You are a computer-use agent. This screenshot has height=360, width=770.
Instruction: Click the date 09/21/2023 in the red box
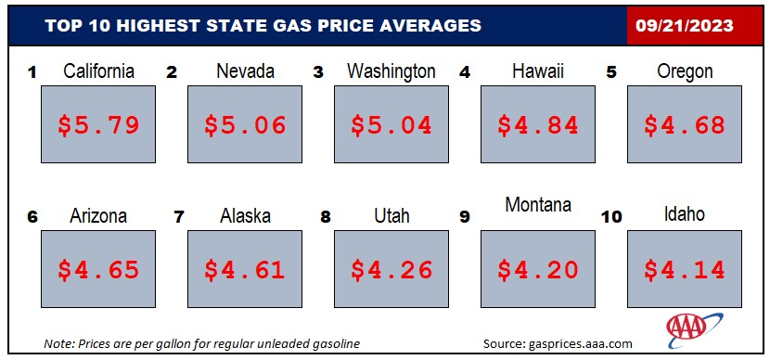pyautogui.click(x=685, y=26)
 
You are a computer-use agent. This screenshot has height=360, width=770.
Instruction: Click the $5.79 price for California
pyautogui.click(x=98, y=124)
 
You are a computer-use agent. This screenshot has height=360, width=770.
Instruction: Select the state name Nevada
pyautogui.click(x=245, y=71)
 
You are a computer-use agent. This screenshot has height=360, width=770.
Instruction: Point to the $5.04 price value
pyautogui.click(x=391, y=124)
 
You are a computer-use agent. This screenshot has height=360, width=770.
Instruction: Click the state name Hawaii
pyautogui.click(x=538, y=71)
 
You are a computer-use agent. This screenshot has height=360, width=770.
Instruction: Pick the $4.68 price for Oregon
pyautogui.click(x=685, y=124)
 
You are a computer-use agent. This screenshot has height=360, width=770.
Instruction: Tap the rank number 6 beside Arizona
pyautogui.click(x=32, y=217)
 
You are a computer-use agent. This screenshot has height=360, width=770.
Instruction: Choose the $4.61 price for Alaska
pyautogui.click(x=245, y=270)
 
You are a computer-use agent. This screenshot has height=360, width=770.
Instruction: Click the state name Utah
pyautogui.click(x=391, y=215)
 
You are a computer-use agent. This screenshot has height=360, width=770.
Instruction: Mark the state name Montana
pyautogui.click(x=538, y=204)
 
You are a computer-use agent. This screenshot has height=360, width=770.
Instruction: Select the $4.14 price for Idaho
pyautogui.click(x=685, y=270)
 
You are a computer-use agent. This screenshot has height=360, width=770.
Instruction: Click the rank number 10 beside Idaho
pyautogui.click(x=611, y=217)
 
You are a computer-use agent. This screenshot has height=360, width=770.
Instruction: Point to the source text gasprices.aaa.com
pyautogui.click(x=580, y=343)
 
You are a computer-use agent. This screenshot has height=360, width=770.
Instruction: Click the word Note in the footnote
pyautogui.click(x=56, y=343)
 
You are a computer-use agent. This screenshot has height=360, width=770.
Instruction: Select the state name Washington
pyautogui.click(x=391, y=71)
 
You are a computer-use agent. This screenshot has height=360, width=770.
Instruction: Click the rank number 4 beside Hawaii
pyautogui.click(x=464, y=72)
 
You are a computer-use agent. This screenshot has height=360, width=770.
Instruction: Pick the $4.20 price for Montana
pyautogui.click(x=538, y=270)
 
